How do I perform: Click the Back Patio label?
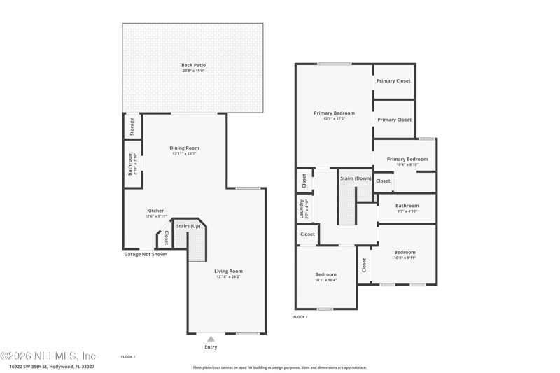[193, 65]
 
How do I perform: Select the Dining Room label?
[185, 148]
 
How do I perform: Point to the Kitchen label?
[155, 211]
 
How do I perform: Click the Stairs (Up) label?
[188, 226]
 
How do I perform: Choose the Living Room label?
[228, 271]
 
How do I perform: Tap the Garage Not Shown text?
[146, 254]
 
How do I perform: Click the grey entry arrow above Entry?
[211, 339]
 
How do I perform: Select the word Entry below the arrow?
[211, 347]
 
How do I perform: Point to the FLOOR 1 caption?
[128, 357]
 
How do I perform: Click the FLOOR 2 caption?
[300, 317]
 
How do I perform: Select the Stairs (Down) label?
[356, 178]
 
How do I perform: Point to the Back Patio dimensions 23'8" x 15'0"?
[193, 71]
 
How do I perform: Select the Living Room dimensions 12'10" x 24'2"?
[228, 276]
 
